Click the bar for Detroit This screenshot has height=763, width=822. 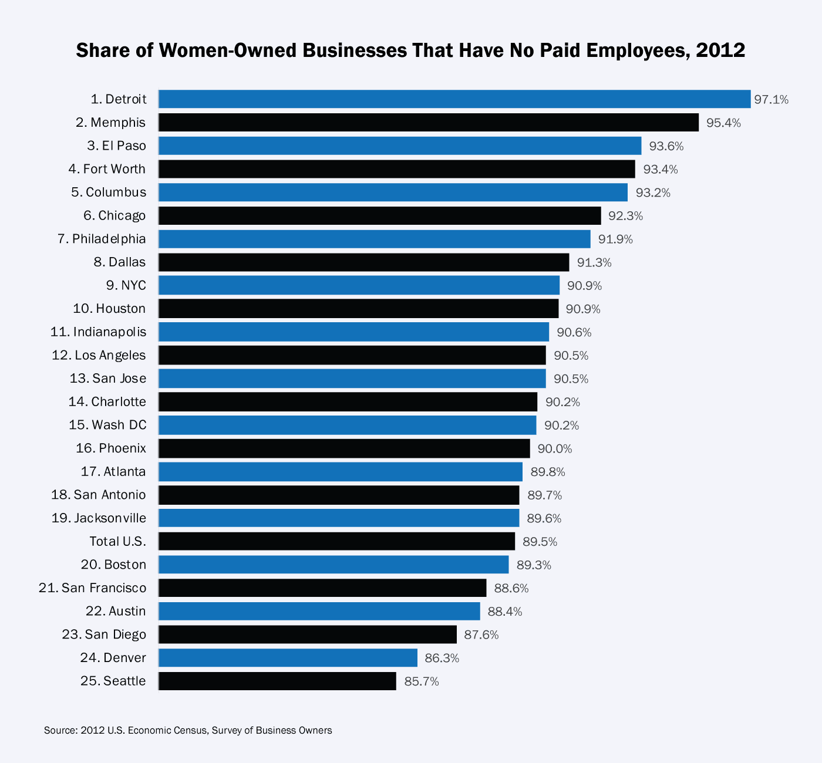pos(454,99)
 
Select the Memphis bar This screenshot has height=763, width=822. pos(429,123)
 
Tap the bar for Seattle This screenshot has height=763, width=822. pos(277,681)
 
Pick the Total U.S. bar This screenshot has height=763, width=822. pos(336,541)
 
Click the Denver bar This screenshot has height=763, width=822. pos(288,658)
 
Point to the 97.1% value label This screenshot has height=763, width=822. pos(771,100)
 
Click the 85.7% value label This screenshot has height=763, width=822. pos(421,682)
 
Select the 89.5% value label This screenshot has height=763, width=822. pos(540,542)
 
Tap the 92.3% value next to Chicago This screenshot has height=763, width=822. pos(625,216)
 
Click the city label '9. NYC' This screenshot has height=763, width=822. pos(126,286)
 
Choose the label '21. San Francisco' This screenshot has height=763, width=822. pos(92,588)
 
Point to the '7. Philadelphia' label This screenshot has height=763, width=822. pos(102,239)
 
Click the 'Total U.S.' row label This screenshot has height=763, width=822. pos(117,541)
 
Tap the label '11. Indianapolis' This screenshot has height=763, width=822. pos(98,332)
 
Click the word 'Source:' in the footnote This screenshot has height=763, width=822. pos(60,731)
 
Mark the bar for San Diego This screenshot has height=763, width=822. pos(307,634)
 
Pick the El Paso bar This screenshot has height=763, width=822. pos(400,146)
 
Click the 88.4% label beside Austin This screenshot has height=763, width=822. pos(504,612)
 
